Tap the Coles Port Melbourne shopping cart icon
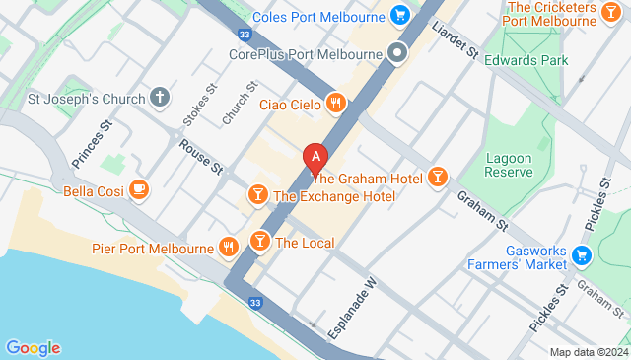(x=399, y=15)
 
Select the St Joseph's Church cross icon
(x=161, y=98)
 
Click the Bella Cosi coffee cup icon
(x=139, y=189)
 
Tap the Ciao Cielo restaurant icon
(x=336, y=104)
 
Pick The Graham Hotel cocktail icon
(x=438, y=178)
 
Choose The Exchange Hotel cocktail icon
(x=257, y=195)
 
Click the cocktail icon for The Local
(x=259, y=242)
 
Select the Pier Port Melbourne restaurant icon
(x=229, y=247)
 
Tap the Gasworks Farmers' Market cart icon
(x=582, y=257)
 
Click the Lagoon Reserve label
(x=509, y=164)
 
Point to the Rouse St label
(x=201, y=157)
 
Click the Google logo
(x=33, y=348)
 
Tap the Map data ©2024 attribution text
(x=589, y=352)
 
